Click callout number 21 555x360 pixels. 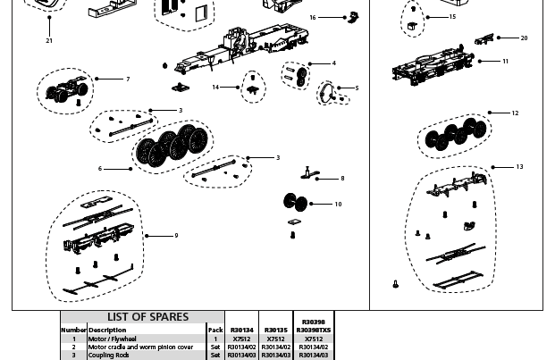click(x=49, y=41)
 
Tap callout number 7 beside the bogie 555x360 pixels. click(x=128, y=80)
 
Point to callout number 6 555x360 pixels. click(x=100, y=169)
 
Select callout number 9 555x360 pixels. click(x=176, y=236)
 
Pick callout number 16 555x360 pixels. click(x=313, y=18)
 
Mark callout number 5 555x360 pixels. click(x=357, y=88)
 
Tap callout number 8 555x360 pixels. click(x=342, y=179)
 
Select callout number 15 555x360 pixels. click(x=452, y=17)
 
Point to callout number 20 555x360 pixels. click(x=524, y=38)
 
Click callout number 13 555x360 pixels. click(x=519, y=167)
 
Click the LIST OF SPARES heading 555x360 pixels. click(x=148, y=317)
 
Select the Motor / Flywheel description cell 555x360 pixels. click(x=113, y=339)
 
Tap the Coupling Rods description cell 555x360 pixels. click(x=109, y=356)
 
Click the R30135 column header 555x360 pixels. click(x=276, y=331)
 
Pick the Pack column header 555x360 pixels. click(x=215, y=331)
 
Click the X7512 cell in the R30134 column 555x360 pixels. click(x=241, y=339)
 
